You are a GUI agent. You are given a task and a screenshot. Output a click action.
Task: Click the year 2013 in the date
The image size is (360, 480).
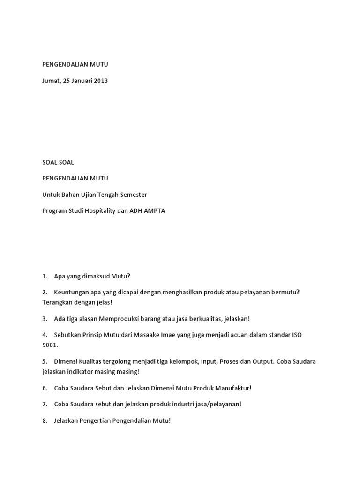tap(100, 81)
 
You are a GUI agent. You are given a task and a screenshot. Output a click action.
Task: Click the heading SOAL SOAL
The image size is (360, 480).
tap(58, 162)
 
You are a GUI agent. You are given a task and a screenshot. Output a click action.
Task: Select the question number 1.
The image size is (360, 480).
tap(45, 276)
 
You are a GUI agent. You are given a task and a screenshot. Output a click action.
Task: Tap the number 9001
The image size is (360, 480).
tap(50, 345)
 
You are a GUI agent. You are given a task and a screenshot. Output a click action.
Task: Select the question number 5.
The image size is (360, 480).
tap(45, 362)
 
